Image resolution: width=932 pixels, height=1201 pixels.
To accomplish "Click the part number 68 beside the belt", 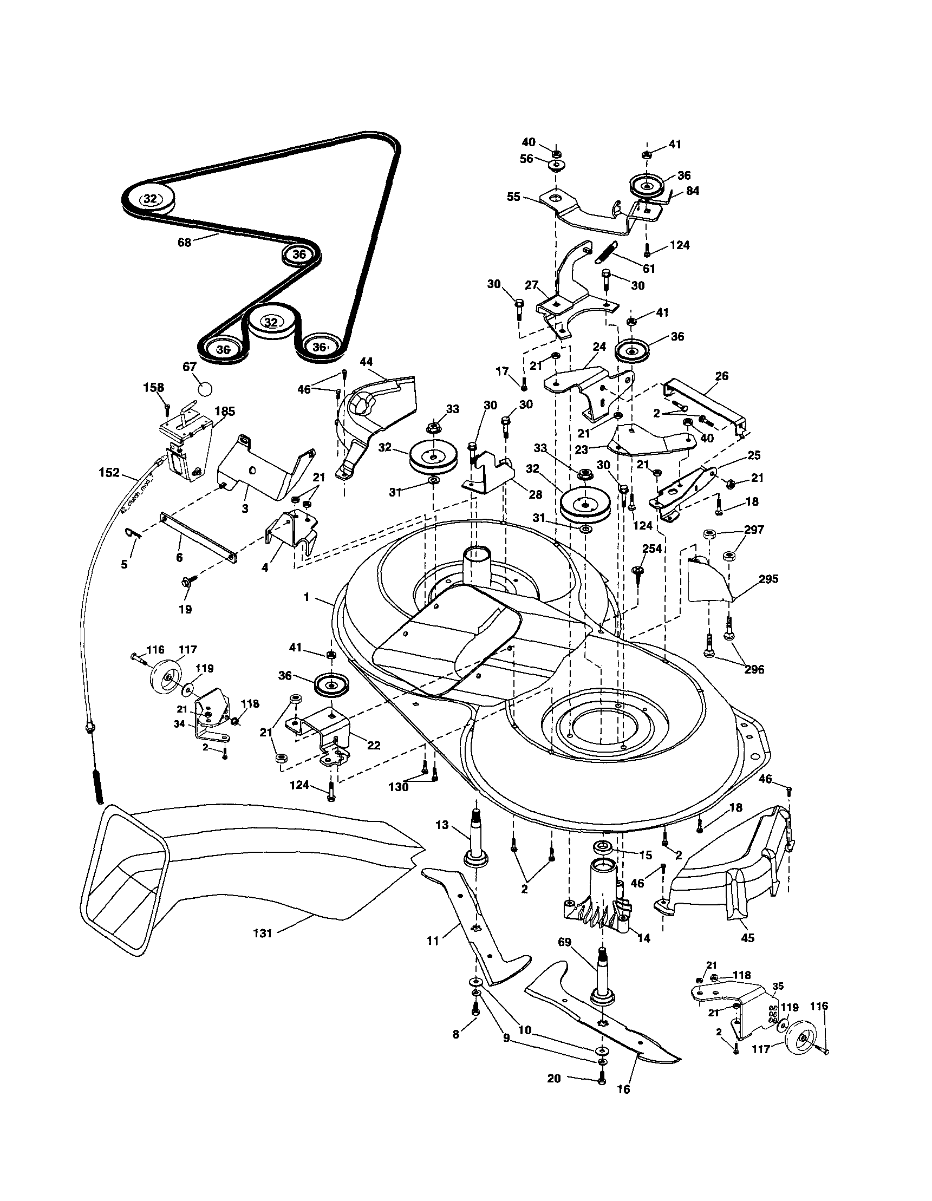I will [184, 242].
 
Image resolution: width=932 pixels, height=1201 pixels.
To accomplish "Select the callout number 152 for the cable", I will [109, 472].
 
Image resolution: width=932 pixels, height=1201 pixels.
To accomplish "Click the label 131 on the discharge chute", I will [263, 932].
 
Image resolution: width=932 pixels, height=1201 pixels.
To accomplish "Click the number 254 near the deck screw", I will [651, 549].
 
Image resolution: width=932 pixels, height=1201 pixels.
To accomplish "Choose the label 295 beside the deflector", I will [768, 579].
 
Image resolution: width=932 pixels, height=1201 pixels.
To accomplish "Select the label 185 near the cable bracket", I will [224, 412].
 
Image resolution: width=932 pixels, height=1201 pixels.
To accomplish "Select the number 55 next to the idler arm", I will [513, 197].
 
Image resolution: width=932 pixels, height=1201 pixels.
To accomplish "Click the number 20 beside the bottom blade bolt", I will [554, 1079].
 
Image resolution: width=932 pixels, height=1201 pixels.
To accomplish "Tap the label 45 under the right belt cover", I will [748, 938].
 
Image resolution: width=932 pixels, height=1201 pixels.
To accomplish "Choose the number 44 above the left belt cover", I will [366, 362].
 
